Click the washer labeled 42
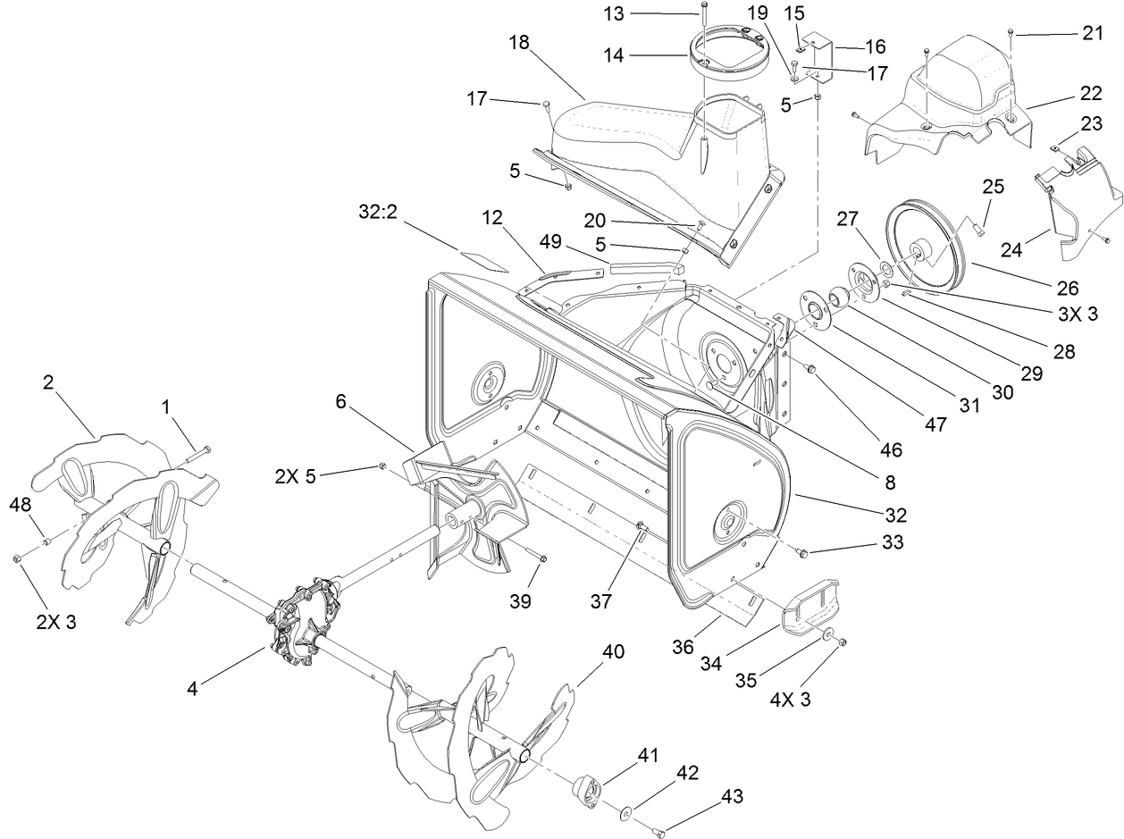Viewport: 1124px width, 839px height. pos(625,811)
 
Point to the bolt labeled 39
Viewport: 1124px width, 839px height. pos(540,559)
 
